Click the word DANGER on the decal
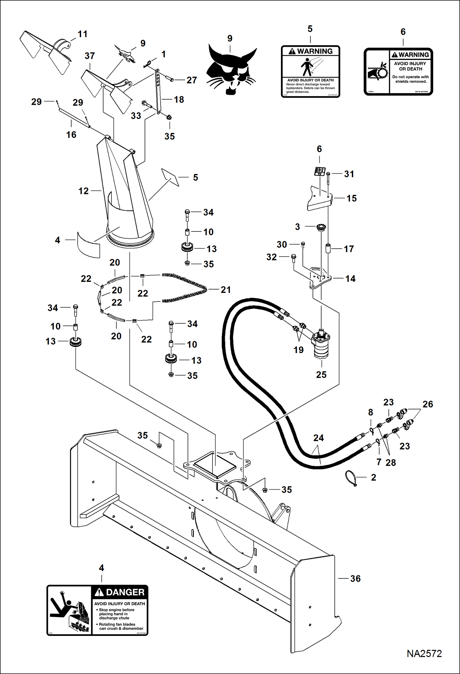tap(125, 592)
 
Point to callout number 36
tap(355, 579)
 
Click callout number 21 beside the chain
tap(226, 290)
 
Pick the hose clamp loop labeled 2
tap(351, 478)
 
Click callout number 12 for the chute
tap(83, 191)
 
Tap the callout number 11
tap(82, 34)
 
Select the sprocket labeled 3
tap(321, 227)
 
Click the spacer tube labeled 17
tap(328, 248)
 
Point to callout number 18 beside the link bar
tap(179, 100)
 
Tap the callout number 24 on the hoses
tap(318, 438)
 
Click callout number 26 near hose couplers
tap(427, 404)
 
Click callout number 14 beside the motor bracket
tap(350, 279)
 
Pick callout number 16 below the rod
tap(71, 134)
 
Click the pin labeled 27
tap(170, 79)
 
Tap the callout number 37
tap(90, 56)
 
